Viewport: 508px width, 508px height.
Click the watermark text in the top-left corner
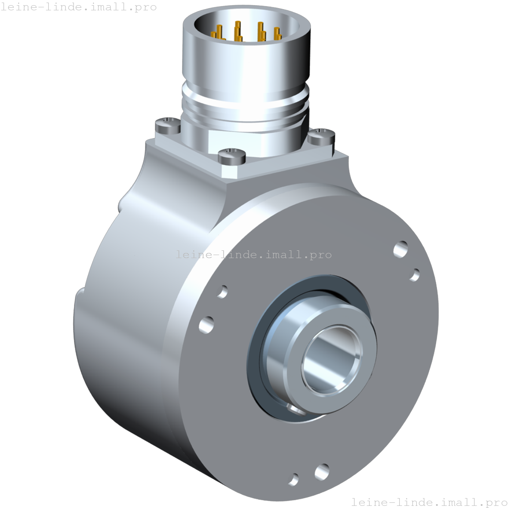click(78, 7)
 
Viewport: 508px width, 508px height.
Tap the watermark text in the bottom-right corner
click(429, 502)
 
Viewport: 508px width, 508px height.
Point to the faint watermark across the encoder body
click(254, 254)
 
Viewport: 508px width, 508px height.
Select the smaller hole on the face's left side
click(223, 291)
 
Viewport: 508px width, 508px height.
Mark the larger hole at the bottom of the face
click(322, 471)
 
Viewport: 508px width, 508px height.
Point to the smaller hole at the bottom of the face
click(294, 479)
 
